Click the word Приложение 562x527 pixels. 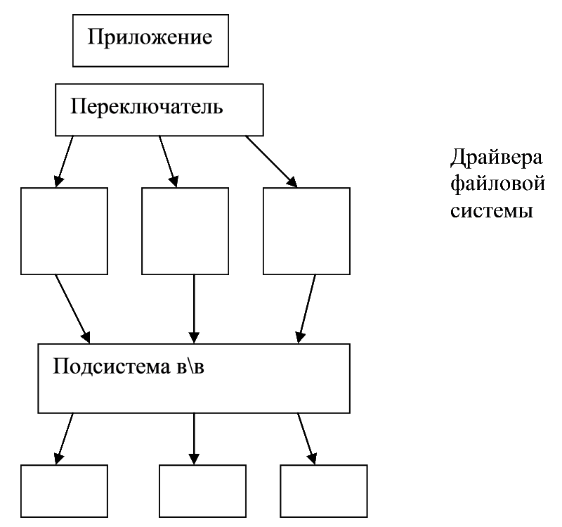tap(150, 38)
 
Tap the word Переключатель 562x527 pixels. tap(147, 106)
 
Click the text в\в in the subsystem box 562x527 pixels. tap(190, 367)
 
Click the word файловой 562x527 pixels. tap(497, 184)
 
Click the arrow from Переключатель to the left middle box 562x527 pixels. tap(64, 162)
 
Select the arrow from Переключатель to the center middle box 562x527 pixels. tap(168, 162)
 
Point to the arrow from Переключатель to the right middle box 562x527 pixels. tap(271, 162)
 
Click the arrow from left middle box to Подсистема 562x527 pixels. tap(73, 309)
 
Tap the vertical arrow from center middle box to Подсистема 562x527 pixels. tap(194, 309)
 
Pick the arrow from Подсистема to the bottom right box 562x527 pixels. tap(307, 438)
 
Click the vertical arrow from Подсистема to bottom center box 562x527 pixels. tap(194, 438)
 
